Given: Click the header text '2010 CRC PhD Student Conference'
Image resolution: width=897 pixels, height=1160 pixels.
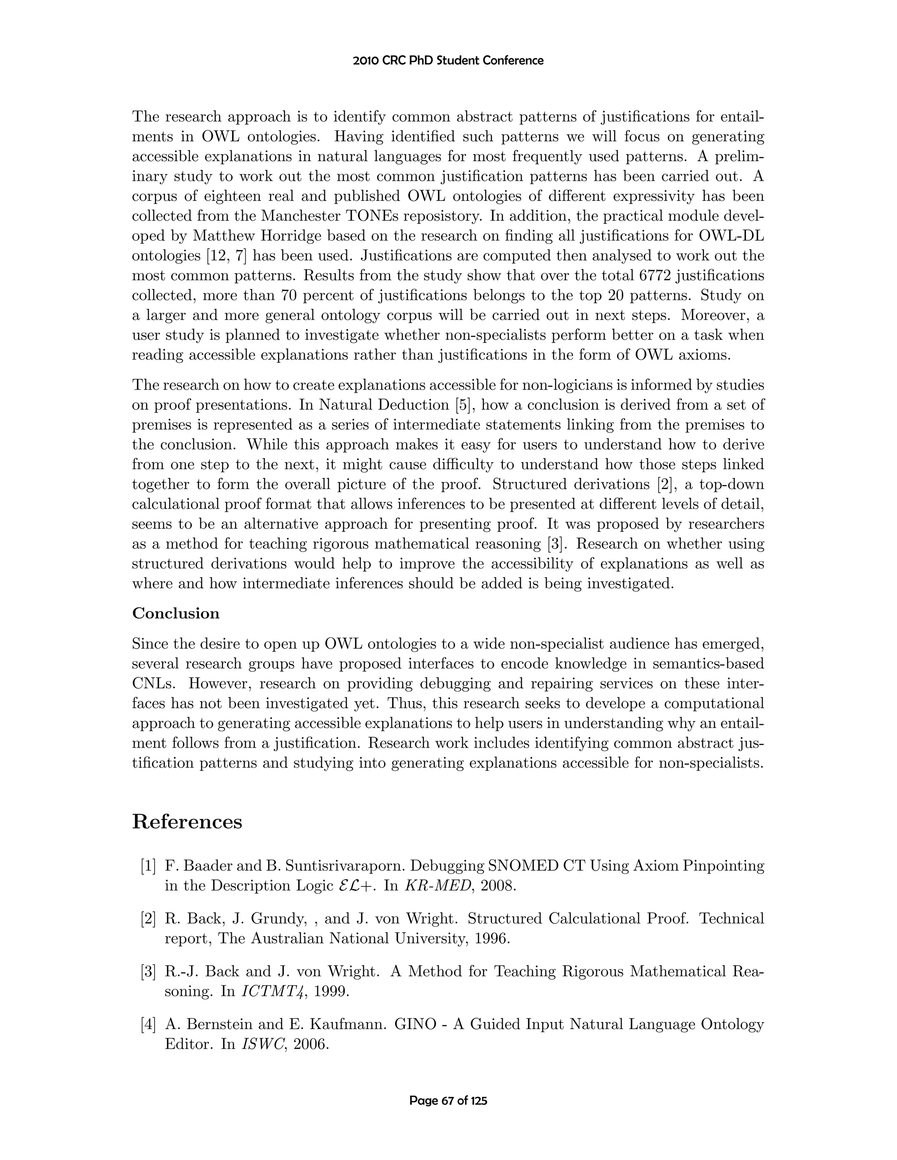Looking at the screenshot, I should tap(448, 60).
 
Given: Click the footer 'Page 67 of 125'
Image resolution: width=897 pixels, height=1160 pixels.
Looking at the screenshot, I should tap(448, 1100).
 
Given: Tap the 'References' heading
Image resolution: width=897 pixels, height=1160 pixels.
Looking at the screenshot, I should tap(187, 822).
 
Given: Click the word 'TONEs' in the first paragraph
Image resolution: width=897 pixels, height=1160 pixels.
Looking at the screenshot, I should tap(373, 216).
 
